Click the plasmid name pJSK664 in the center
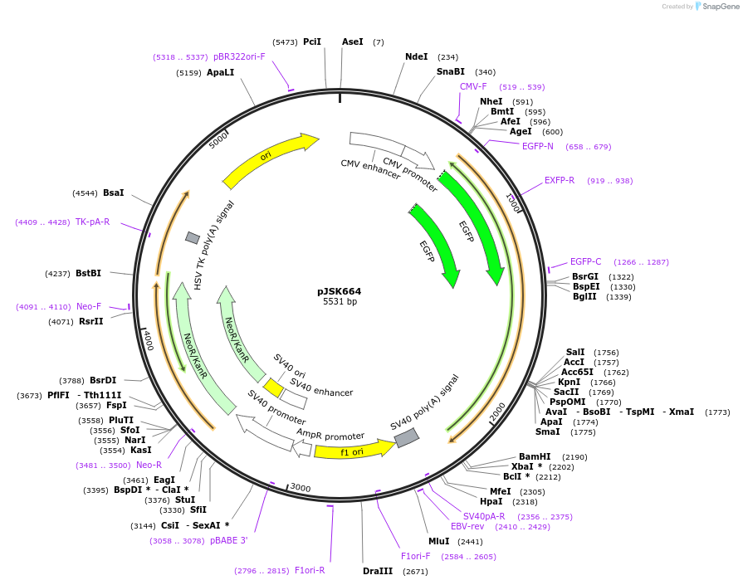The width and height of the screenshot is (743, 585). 339,291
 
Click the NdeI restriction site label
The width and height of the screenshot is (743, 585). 416,56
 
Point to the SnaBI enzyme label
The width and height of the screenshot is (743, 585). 451,72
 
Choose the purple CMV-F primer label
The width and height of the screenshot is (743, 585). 473,86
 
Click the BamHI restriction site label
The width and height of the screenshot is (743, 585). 535,457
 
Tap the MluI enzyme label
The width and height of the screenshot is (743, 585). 438,541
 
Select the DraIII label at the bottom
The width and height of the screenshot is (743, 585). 378,571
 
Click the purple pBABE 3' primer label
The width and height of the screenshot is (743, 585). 228,541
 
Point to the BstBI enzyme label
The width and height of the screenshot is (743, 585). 89,273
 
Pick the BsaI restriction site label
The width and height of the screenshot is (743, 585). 113,193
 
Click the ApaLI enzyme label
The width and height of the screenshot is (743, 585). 220,73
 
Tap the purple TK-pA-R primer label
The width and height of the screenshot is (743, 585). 92,222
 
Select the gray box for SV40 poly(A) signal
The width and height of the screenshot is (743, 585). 406,437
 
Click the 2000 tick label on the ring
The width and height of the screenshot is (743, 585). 498,411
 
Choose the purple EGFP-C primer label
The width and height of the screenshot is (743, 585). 585,262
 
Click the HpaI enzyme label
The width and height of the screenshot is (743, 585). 491,501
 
